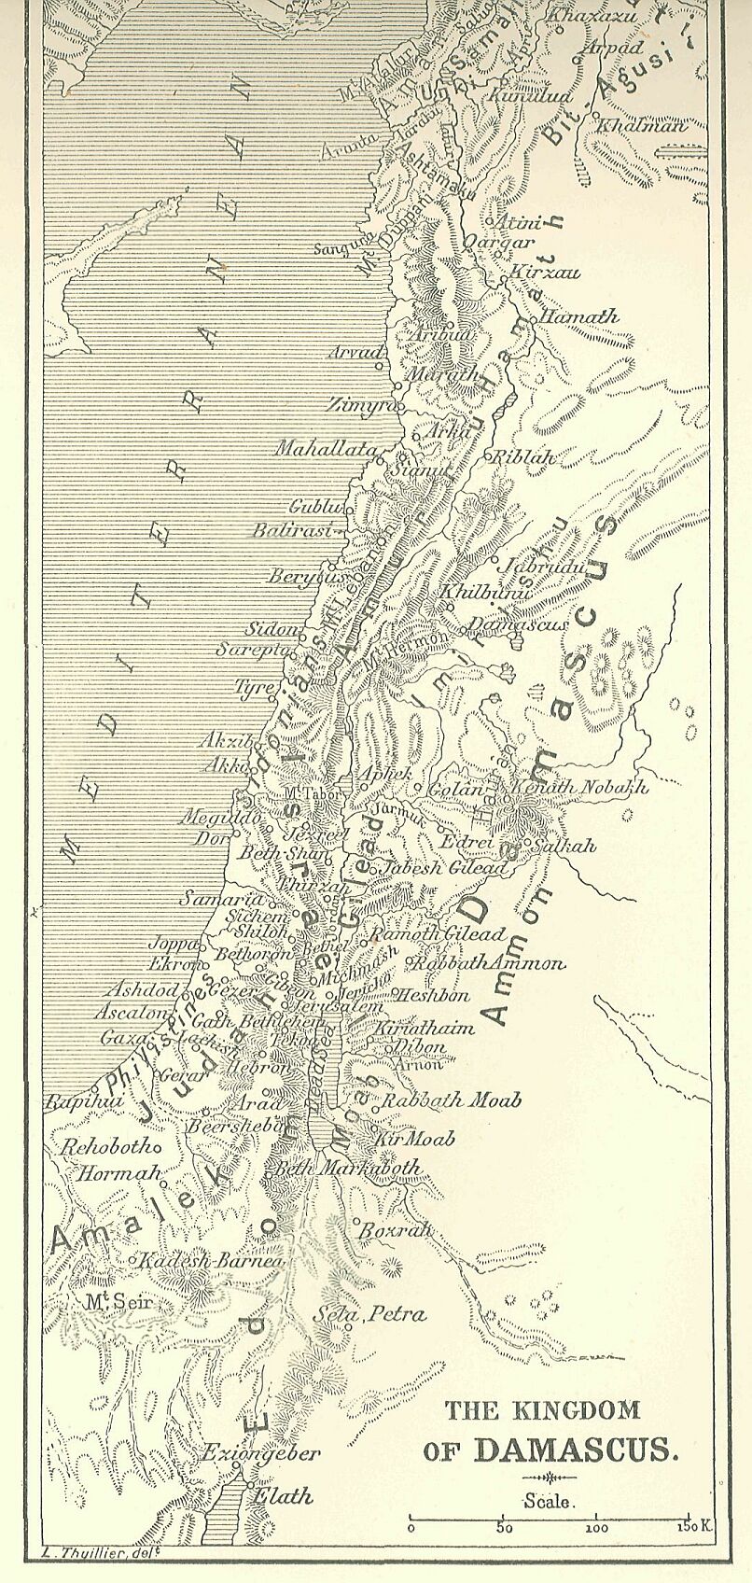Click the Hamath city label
[x=579, y=316]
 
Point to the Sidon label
[x=272, y=628]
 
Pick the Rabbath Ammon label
[x=489, y=962]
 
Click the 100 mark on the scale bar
[x=596, y=1529]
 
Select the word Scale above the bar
[x=550, y=1502]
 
